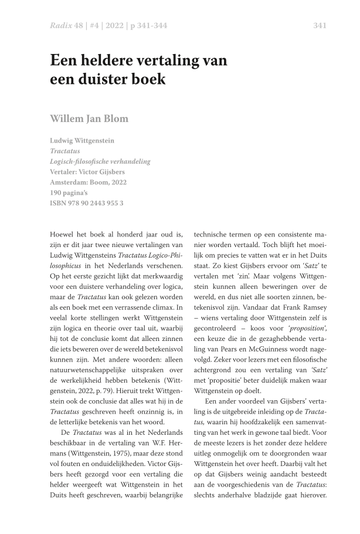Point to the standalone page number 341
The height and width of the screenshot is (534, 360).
320,25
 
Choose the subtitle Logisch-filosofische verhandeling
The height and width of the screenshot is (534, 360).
100,161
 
